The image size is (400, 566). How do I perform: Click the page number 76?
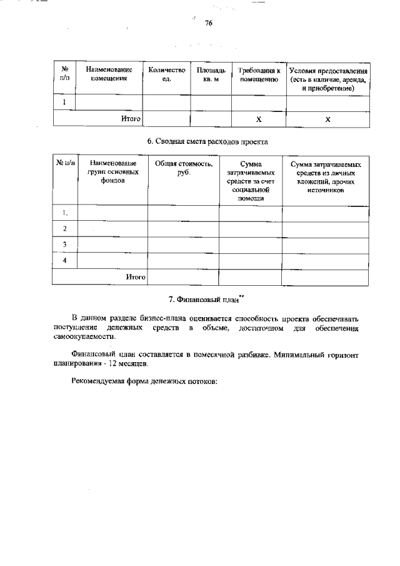pyautogui.click(x=209, y=23)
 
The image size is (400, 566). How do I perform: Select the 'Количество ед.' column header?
pyautogui.click(x=166, y=75)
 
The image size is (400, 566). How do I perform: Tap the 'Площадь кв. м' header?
pyautogui.click(x=211, y=75)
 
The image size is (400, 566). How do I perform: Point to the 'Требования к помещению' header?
pyautogui.click(x=259, y=75)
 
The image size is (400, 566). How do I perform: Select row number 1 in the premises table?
pyautogui.click(x=64, y=103)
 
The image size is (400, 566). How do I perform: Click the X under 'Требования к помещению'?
pyautogui.click(x=259, y=119)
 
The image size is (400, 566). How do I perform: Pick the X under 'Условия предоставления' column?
pyautogui.click(x=328, y=119)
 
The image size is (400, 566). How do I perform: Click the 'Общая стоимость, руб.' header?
pyautogui.click(x=183, y=167)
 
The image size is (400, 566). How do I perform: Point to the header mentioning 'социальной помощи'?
pyautogui.click(x=250, y=180)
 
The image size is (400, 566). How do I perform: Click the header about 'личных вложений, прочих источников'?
pyautogui.click(x=326, y=176)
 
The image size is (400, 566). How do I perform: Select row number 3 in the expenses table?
pyautogui.click(x=64, y=244)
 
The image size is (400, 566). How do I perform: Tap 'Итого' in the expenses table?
pyautogui.click(x=136, y=276)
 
